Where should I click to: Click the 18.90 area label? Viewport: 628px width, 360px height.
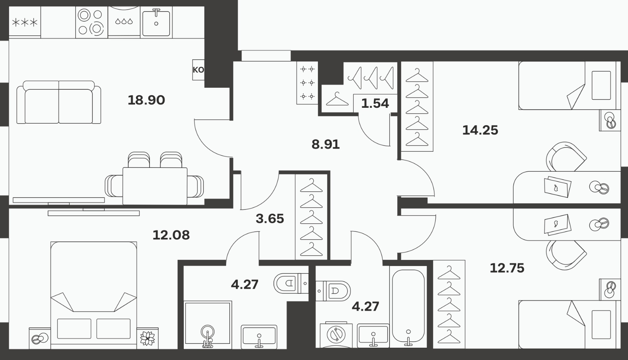point(146,100)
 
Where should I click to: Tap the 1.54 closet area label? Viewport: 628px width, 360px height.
point(375,103)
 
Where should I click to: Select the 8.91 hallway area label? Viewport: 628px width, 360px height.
point(326,144)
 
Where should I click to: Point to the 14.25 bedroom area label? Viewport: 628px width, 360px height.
point(480,130)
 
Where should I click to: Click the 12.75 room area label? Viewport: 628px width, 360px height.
point(507,268)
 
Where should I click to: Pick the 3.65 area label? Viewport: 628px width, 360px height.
point(270,219)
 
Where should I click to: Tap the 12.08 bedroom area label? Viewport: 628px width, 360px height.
point(171,235)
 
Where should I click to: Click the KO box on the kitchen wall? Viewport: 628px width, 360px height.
point(198,70)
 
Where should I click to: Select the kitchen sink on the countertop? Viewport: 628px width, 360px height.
point(156,22)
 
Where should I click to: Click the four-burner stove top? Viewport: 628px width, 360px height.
point(92,22)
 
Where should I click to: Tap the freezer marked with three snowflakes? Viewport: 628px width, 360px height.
point(25,22)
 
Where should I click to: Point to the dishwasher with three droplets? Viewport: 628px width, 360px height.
point(124,22)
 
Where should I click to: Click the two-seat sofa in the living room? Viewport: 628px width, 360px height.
point(59,102)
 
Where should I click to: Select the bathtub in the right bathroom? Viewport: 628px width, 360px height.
point(408,307)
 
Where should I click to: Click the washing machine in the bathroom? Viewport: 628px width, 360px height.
point(336,335)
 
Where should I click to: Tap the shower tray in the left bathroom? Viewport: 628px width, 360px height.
point(208,325)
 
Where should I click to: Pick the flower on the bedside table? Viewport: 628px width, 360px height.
point(148,338)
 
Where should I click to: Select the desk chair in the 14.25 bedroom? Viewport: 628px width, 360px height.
point(566,157)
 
